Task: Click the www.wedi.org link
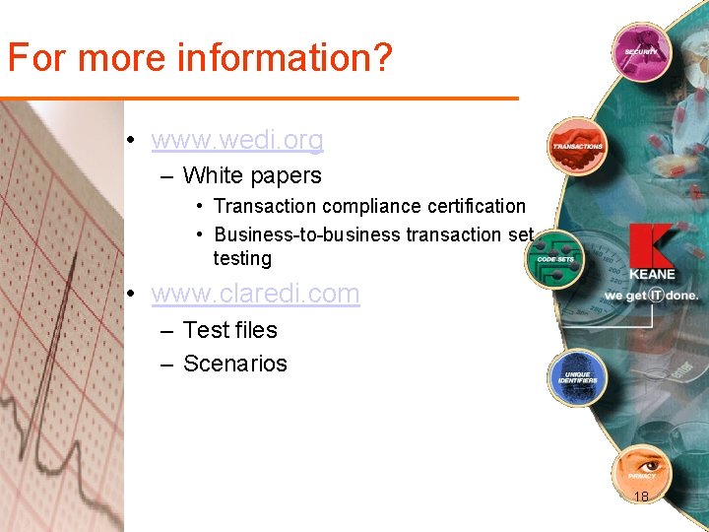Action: (x=237, y=141)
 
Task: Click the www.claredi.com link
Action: (x=255, y=294)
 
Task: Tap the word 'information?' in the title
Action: (x=284, y=58)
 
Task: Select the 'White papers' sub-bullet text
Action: (x=252, y=175)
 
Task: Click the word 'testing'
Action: (x=242, y=258)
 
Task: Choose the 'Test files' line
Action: (x=230, y=330)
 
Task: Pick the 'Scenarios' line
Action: (x=235, y=364)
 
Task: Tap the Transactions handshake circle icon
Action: (x=577, y=145)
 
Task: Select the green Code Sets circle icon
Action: (x=555, y=257)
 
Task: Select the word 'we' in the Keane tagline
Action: (x=614, y=296)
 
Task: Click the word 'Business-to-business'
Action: (x=307, y=234)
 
